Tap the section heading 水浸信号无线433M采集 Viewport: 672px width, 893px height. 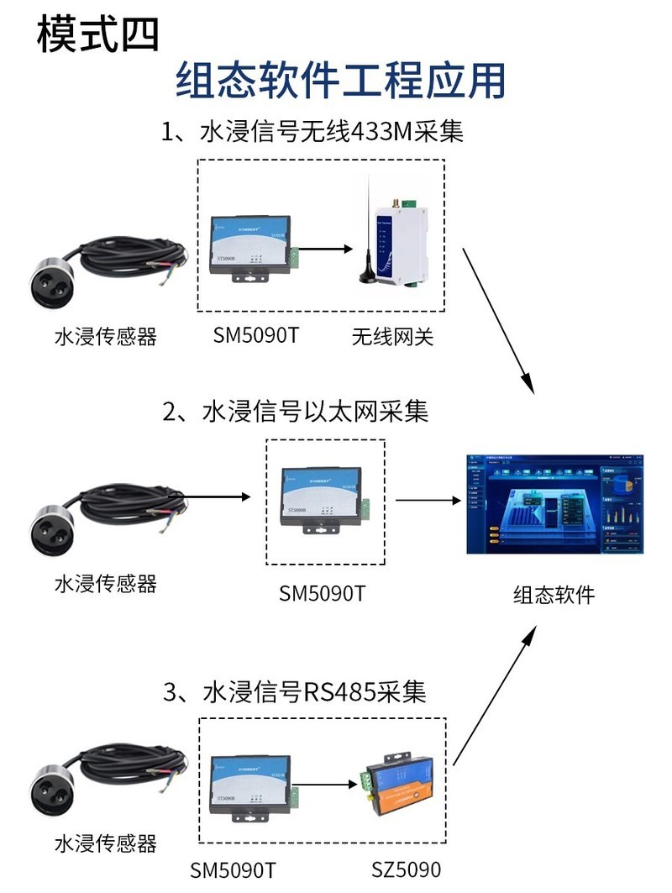(312, 132)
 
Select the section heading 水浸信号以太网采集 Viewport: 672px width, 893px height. (296, 412)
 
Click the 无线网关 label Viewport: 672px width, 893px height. (391, 337)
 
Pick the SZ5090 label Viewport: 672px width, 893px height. (406, 869)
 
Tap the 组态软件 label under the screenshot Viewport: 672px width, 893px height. (554, 595)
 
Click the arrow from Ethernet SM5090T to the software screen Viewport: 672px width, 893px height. (428, 501)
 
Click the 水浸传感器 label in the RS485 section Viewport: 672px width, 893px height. (105, 843)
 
